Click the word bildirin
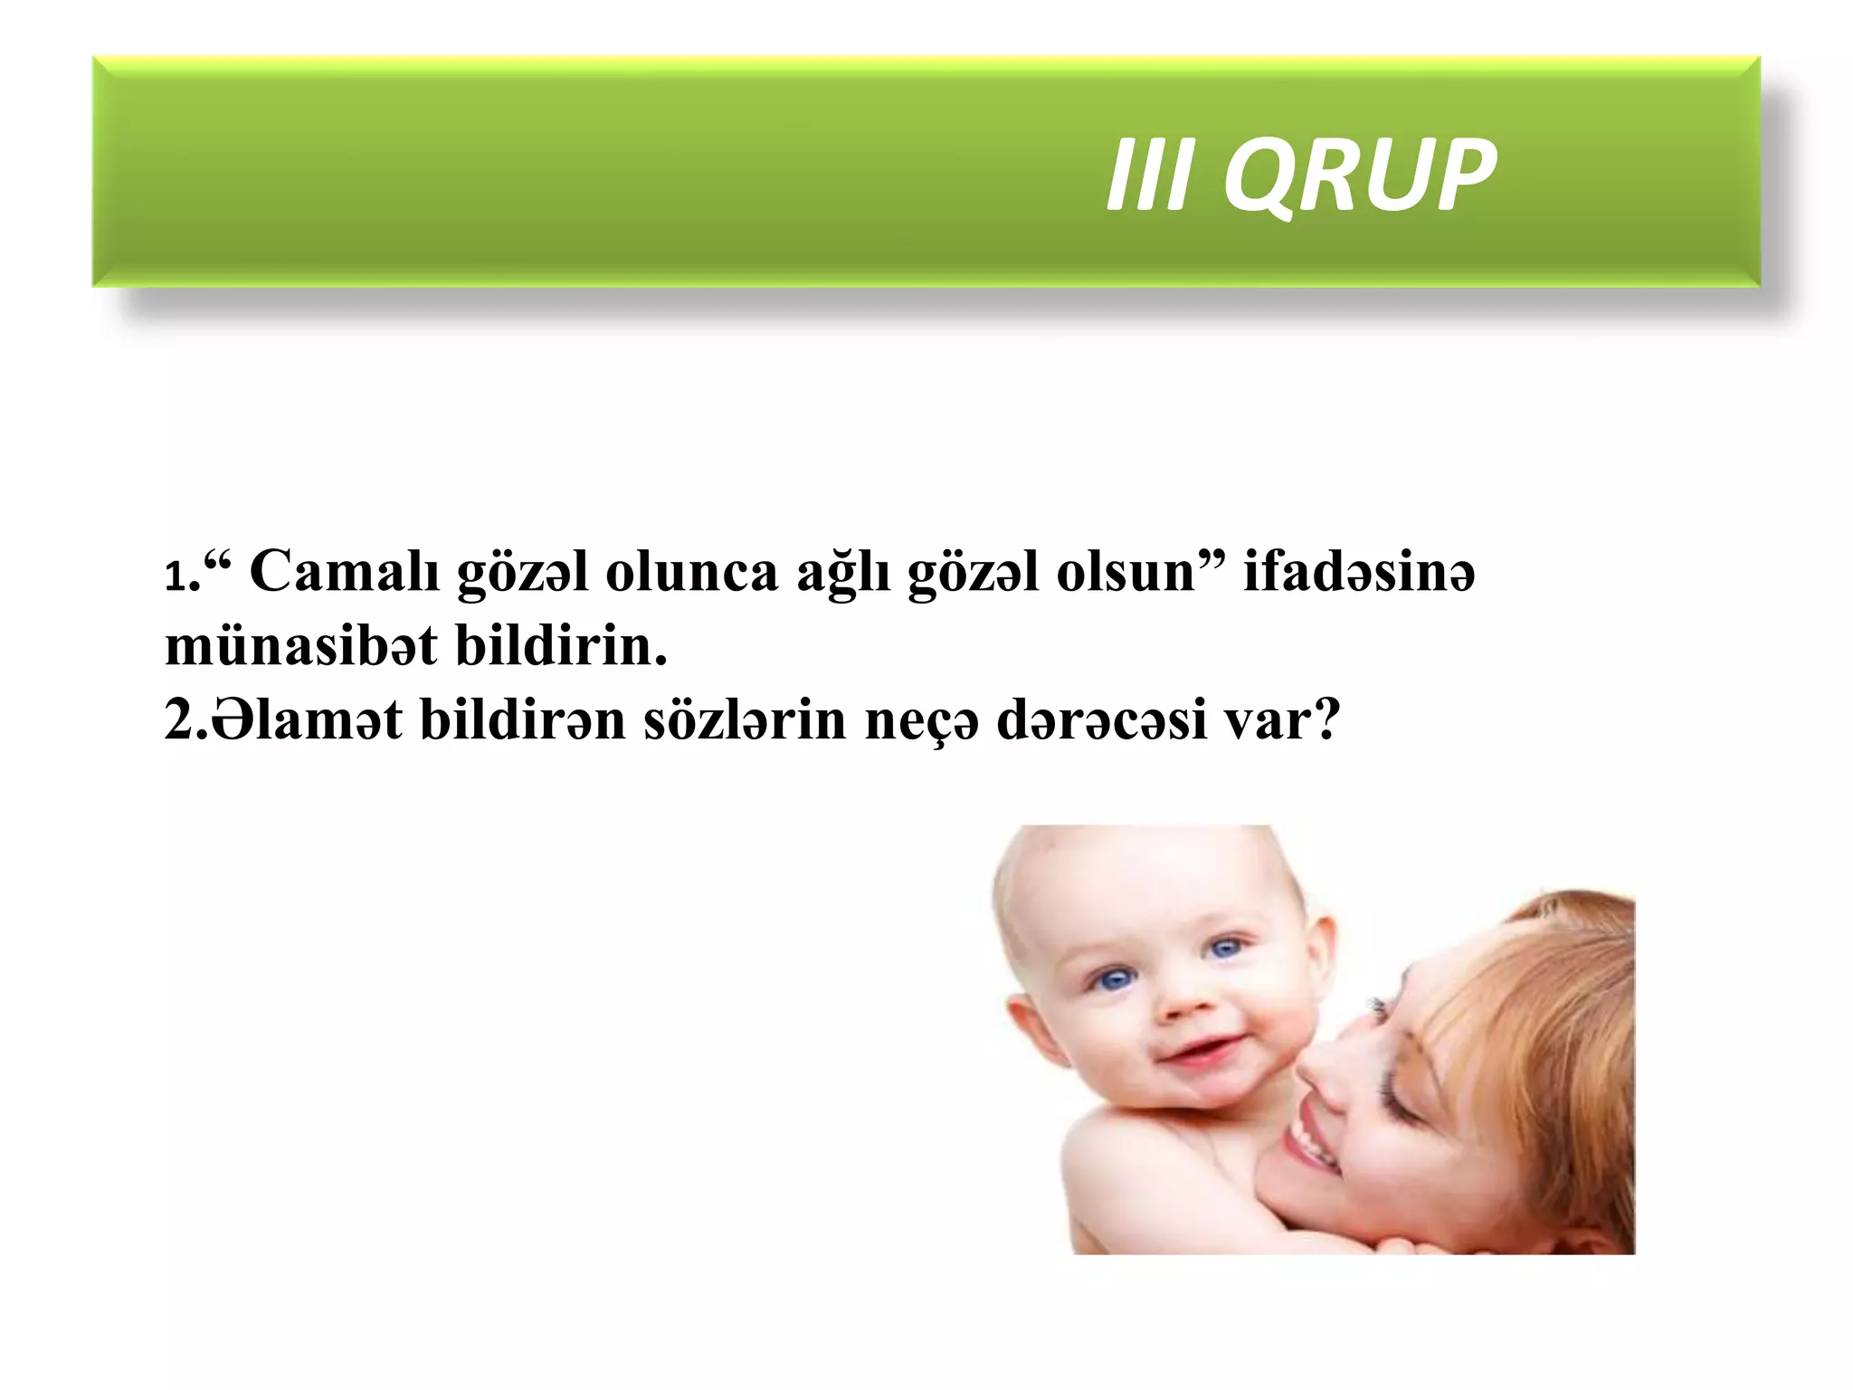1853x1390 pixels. (x=560, y=648)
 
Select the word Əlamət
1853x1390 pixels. (x=306, y=722)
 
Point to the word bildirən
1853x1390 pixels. (x=523, y=722)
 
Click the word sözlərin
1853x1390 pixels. (x=744, y=722)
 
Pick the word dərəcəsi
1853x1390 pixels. (x=1101, y=722)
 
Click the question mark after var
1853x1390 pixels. (x=1326, y=720)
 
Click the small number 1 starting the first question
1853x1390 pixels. (x=176, y=577)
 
